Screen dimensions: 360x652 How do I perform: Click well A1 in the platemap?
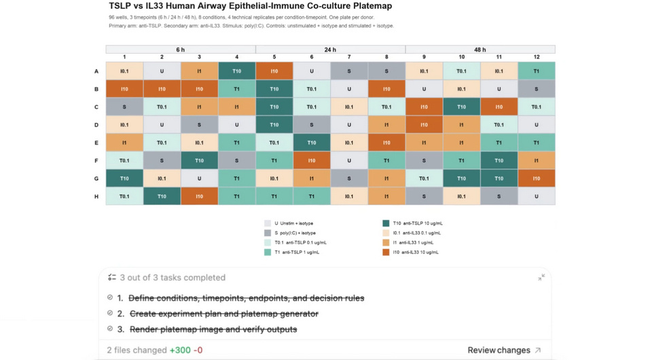tap(124, 71)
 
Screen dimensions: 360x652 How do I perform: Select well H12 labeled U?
tap(537, 196)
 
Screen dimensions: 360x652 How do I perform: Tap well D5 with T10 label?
tap(274, 124)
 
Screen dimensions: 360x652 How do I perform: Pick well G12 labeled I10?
tap(537, 179)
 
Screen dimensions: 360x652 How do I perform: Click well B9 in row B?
tap(424, 88)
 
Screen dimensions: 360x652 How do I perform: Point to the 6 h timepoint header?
tap(181, 50)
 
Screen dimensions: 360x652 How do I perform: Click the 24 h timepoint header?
tap(330, 50)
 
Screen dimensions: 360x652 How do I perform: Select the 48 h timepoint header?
tap(480, 50)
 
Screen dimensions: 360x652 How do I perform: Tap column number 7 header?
tap(349, 57)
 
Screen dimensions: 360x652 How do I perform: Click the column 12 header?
tap(537, 57)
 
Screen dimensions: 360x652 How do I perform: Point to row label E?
tap(96, 143)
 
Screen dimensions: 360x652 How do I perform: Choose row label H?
tap(96, 196)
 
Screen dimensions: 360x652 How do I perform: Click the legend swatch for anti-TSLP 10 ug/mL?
tap(386, 223)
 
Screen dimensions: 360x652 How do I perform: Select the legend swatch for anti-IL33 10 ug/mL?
tap(386, 252)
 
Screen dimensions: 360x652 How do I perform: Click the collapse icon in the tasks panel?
tap(541, 277)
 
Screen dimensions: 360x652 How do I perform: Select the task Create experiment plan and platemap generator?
tap(223, 314)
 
